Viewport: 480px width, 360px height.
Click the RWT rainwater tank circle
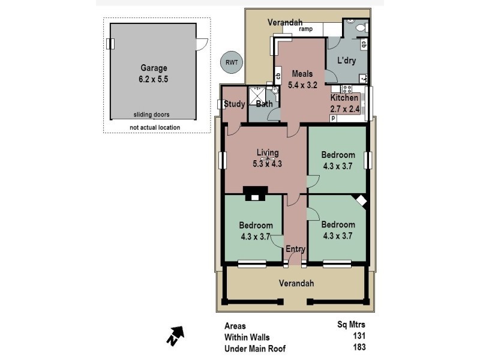(x=230, y=61)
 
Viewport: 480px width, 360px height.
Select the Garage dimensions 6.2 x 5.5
(x=154, y=79)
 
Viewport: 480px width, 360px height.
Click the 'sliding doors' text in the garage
(x=151, y=115)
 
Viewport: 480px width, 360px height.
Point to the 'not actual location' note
(x=155, y=127)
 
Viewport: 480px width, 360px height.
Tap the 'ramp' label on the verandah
(x=305, y=29)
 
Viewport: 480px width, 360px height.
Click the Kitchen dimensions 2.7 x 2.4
(x=345, y=109)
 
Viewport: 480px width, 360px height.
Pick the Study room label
(x=234, y=104)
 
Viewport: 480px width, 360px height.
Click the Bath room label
(x=264, y=104)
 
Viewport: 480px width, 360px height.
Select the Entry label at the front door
(x=295, y=249)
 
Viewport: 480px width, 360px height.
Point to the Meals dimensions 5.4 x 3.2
(x=302, y=85)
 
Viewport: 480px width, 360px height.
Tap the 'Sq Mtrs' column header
(x=352, y=325)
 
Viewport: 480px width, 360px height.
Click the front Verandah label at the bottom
(x=296, y=283)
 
